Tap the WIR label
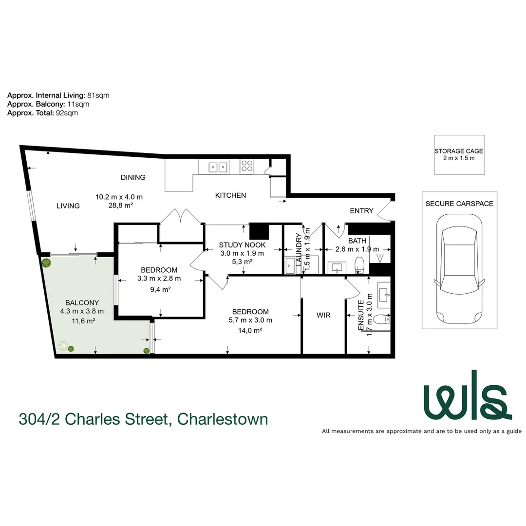point(323,315)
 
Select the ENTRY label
point(362,211)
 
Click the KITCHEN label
point(230,195)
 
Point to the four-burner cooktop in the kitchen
point(247,166)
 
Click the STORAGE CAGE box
point(459,154)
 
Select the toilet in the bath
point(360,264)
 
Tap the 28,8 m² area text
point(119,206)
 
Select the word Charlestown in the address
point(223,418)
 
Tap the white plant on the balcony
point(62,346)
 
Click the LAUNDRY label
point(299,248)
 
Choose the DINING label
point(133,177)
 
